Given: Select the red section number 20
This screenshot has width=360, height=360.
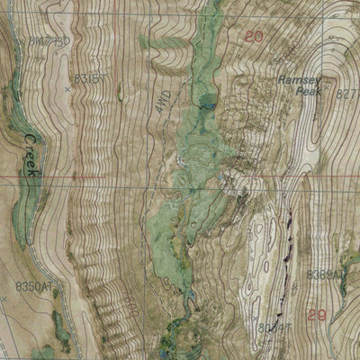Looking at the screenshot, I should pos(254,37).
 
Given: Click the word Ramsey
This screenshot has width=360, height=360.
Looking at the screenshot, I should pos(298,80).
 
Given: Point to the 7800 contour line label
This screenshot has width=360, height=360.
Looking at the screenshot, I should pos(131,295).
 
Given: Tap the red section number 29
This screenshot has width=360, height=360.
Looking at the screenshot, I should pos(315,315).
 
